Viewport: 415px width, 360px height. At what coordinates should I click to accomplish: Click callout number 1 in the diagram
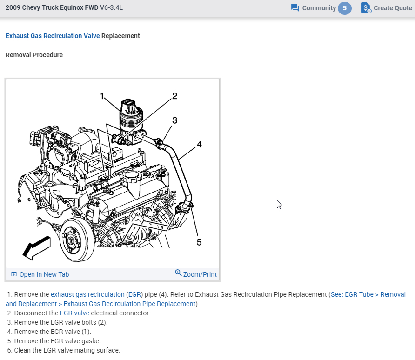coord(102,96)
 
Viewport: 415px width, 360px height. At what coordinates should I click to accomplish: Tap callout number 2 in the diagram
coord(174,96)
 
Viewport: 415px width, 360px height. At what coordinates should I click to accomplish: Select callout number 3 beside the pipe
coord(174,120)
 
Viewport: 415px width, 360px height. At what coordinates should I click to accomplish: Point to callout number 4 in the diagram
coord(199,144)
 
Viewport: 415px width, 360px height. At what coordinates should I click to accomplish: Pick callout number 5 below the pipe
coord(199,242)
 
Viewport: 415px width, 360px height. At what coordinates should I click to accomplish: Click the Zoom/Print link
coord(196,274)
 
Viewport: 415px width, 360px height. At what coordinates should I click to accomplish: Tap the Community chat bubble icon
coord(295,8)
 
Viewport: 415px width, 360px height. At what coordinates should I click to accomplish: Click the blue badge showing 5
coord(345,8)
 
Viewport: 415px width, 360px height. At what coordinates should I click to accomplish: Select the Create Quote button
coord(387,8)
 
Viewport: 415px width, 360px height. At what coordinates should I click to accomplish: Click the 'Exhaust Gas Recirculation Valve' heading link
coord(53,36)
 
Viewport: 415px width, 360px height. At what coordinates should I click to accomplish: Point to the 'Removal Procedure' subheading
coord(34,55)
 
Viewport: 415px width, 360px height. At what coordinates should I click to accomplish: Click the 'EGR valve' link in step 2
coord(74,313)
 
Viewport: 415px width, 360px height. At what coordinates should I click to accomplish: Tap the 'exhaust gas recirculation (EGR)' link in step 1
coord(96,294)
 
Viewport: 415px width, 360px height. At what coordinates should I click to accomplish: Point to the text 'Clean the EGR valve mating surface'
coord(67,350)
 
